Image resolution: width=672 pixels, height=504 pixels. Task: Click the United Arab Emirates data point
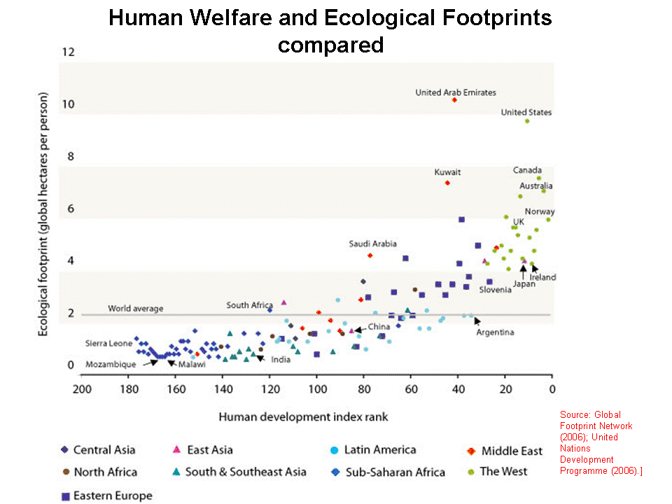click(454, 100)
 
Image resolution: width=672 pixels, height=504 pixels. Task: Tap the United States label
click(526, 112)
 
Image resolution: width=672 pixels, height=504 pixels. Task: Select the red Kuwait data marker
click(447, 183)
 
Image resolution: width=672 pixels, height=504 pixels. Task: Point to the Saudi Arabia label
click(372, 244)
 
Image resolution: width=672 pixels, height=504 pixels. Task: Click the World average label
click(135, 308)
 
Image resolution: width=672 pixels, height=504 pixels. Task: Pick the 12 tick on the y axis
click(68, 52)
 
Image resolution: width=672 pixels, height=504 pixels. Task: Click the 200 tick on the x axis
click(82, 389)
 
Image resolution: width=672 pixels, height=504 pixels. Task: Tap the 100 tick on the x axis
click(316, 389)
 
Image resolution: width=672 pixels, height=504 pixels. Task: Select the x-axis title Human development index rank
click(303, 417)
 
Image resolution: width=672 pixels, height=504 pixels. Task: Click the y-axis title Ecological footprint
click(43, 213)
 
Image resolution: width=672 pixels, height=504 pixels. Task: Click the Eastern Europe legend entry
click(112, 496)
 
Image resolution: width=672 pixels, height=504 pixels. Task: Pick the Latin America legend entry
click(380, 450)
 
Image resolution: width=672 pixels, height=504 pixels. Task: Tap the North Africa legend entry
click(105, 472)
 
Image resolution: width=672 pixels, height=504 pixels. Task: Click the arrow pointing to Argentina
click(477, 321)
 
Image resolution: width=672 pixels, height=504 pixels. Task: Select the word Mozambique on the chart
click(111, 365)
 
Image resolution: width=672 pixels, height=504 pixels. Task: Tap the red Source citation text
click(601, 442)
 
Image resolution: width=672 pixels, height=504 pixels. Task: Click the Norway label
click(540, 211)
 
